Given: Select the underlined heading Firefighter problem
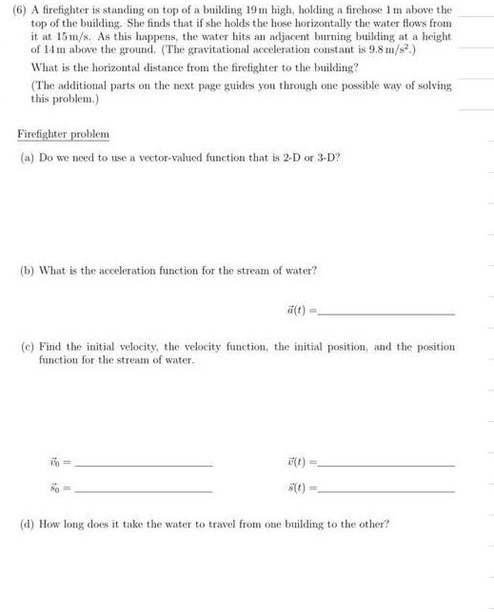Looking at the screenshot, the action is click(64, 134).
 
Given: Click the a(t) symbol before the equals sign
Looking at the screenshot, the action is click(284, 309).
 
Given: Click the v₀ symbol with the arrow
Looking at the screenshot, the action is click(53, 465).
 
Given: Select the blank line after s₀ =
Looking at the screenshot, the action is click(143, 490).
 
